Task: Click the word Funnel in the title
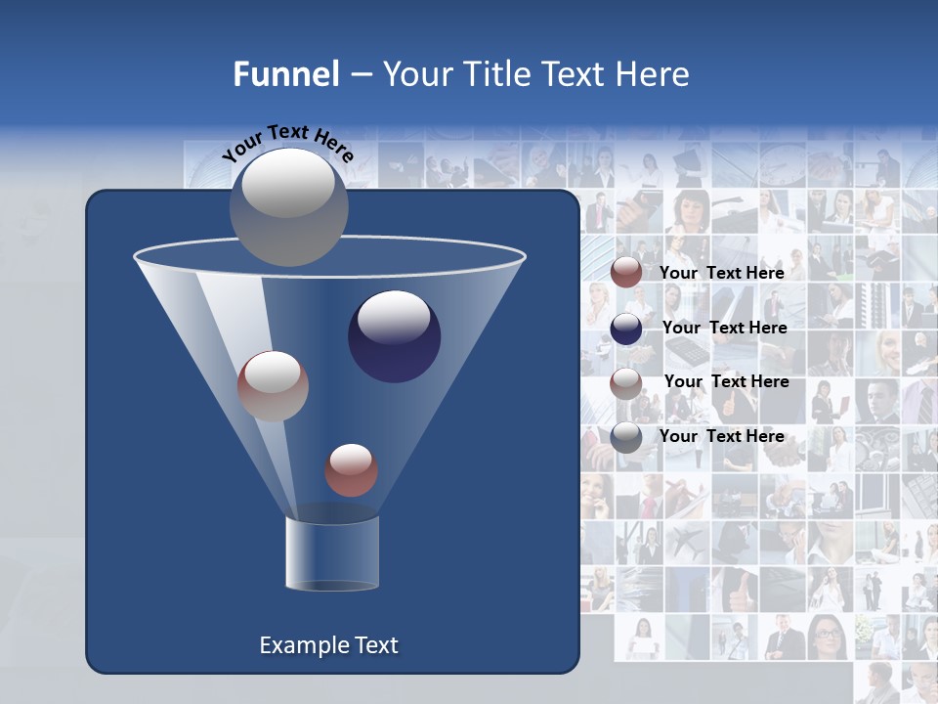[285, 74]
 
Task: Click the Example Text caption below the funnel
[329, 645]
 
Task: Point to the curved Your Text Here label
[287, 143]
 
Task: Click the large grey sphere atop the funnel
[288, 206]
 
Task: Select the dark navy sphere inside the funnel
[394, 336]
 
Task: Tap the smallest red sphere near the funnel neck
[351, 469]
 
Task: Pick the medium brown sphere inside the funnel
[273, 385]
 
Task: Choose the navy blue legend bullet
[626, 329]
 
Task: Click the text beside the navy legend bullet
[724, 328]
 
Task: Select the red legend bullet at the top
[626, 273]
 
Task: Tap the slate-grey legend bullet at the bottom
[626, 437]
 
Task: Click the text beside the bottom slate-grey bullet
[722, 436]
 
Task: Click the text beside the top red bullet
[722, 273]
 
